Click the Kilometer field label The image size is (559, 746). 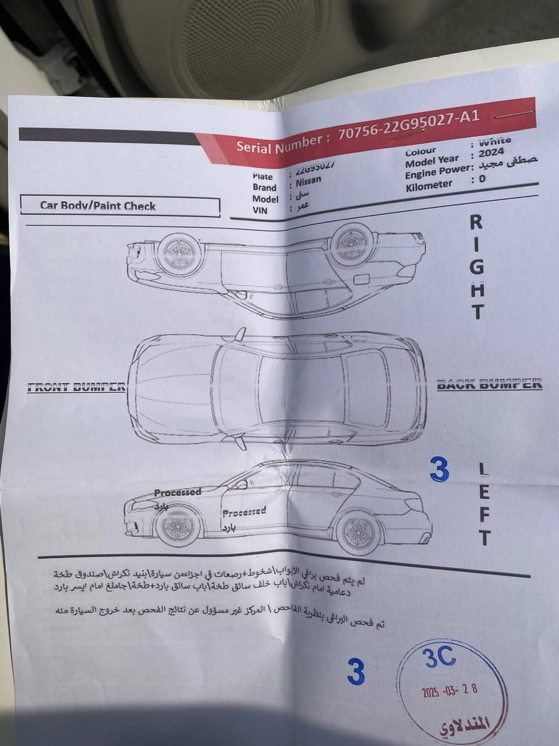[429, 185]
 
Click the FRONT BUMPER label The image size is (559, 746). [76, 387]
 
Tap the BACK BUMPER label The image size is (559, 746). [489, 384]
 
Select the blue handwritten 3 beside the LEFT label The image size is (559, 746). [439, 470]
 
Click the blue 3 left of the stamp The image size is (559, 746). [355, 672]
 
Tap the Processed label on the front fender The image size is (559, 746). [178, 492]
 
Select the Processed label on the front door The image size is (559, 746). [244, 512]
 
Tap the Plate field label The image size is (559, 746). [263, 176]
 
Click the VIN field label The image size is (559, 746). [260, 210]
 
